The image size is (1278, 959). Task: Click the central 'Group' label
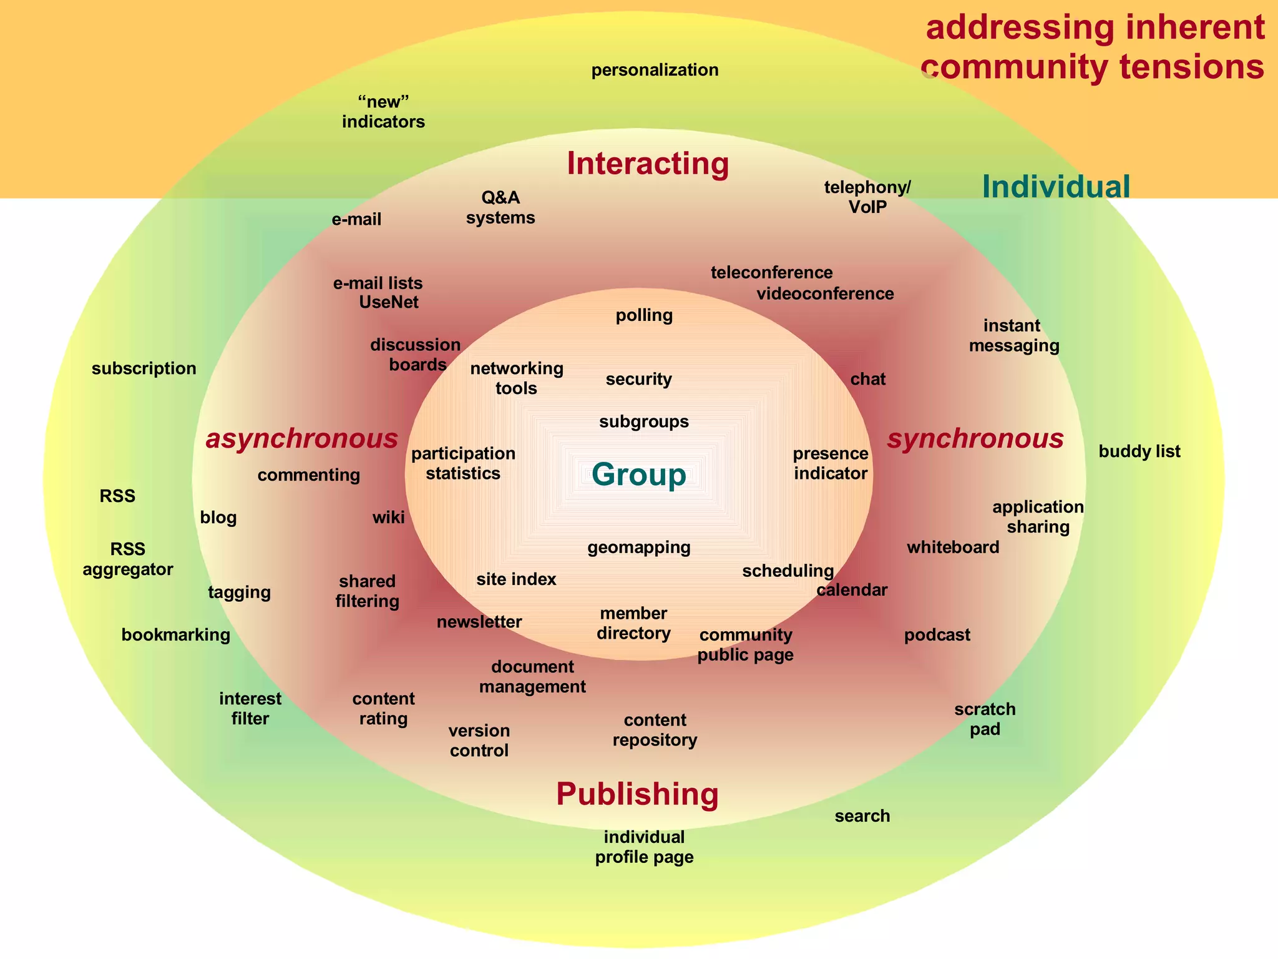point(638,475)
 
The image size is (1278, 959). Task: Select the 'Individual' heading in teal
point(1056,187)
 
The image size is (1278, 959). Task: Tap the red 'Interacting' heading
point(648,164)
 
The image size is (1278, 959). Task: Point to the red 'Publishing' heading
point(637,794)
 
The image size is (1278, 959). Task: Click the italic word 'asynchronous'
point(302,439)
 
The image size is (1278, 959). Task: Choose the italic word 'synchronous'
point(975,439)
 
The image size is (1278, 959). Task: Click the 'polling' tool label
point(644,315)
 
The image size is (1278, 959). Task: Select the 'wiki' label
point(388,518)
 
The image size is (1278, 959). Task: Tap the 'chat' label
point(868,380)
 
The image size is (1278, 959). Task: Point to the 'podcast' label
point(937,635)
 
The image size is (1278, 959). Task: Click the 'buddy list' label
point(1139,451)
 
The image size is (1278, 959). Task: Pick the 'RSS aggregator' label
point(128,559)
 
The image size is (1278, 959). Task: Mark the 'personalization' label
point(655,70)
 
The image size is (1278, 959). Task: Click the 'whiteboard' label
point(953,548)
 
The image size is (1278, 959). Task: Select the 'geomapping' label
point(639,548)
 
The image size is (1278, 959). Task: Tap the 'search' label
point(862,816)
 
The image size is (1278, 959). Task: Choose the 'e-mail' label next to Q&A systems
point(356,220)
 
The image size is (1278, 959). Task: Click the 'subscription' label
point(144,368)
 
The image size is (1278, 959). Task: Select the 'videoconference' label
point(825,294)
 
